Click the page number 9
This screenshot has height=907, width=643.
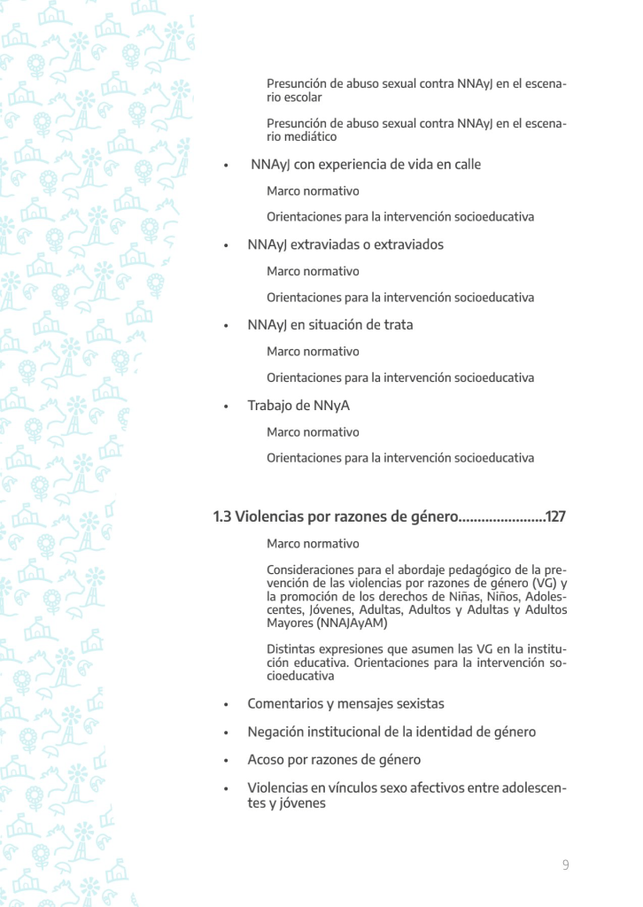click(x=565, y=864)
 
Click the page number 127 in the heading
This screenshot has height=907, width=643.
click(x=555, y=516)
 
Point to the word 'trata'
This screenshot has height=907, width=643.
click(x=396, y=325)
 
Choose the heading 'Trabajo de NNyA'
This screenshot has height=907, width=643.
click(x=298, y=406)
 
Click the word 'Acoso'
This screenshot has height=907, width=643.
click(x=266, y=760)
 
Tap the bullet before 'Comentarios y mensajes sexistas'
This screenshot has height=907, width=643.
click(x=227, y=705)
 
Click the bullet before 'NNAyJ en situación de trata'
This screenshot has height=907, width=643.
click(x=227, y=326)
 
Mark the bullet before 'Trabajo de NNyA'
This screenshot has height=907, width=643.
click(x=227, y=407)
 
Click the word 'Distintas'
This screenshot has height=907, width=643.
click(x=292, y=649)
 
